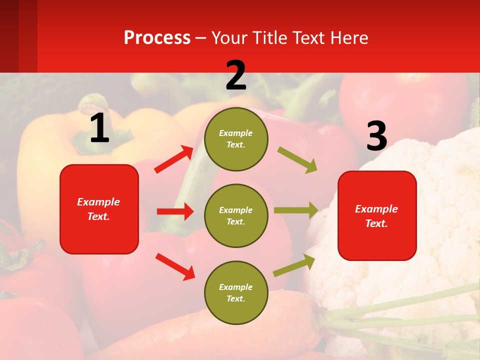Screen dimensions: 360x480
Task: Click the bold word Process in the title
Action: point(157,37)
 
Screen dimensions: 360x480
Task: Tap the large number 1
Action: point(99,128)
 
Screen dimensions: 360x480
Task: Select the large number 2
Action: point(236,75)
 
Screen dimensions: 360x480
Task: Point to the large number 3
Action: point(376,136)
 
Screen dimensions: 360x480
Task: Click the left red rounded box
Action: point(99,209)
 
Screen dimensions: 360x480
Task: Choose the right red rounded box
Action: point(377,215)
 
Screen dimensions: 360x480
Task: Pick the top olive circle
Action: point(236,139)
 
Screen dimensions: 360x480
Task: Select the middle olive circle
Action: point(236,215)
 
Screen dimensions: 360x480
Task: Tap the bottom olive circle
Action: point(236,292)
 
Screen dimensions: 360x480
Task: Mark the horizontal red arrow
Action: point(175,211)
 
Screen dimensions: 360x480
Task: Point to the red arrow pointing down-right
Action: point(175,266)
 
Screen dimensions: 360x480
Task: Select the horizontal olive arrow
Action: point(296,210)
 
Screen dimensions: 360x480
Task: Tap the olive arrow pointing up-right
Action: point(294,265)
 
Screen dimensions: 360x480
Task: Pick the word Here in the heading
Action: point(349,37)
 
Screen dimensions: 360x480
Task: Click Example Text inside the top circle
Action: point(236,139)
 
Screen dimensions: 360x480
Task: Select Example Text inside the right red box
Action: point(376,216)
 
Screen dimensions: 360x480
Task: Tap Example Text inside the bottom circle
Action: point(236,292)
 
